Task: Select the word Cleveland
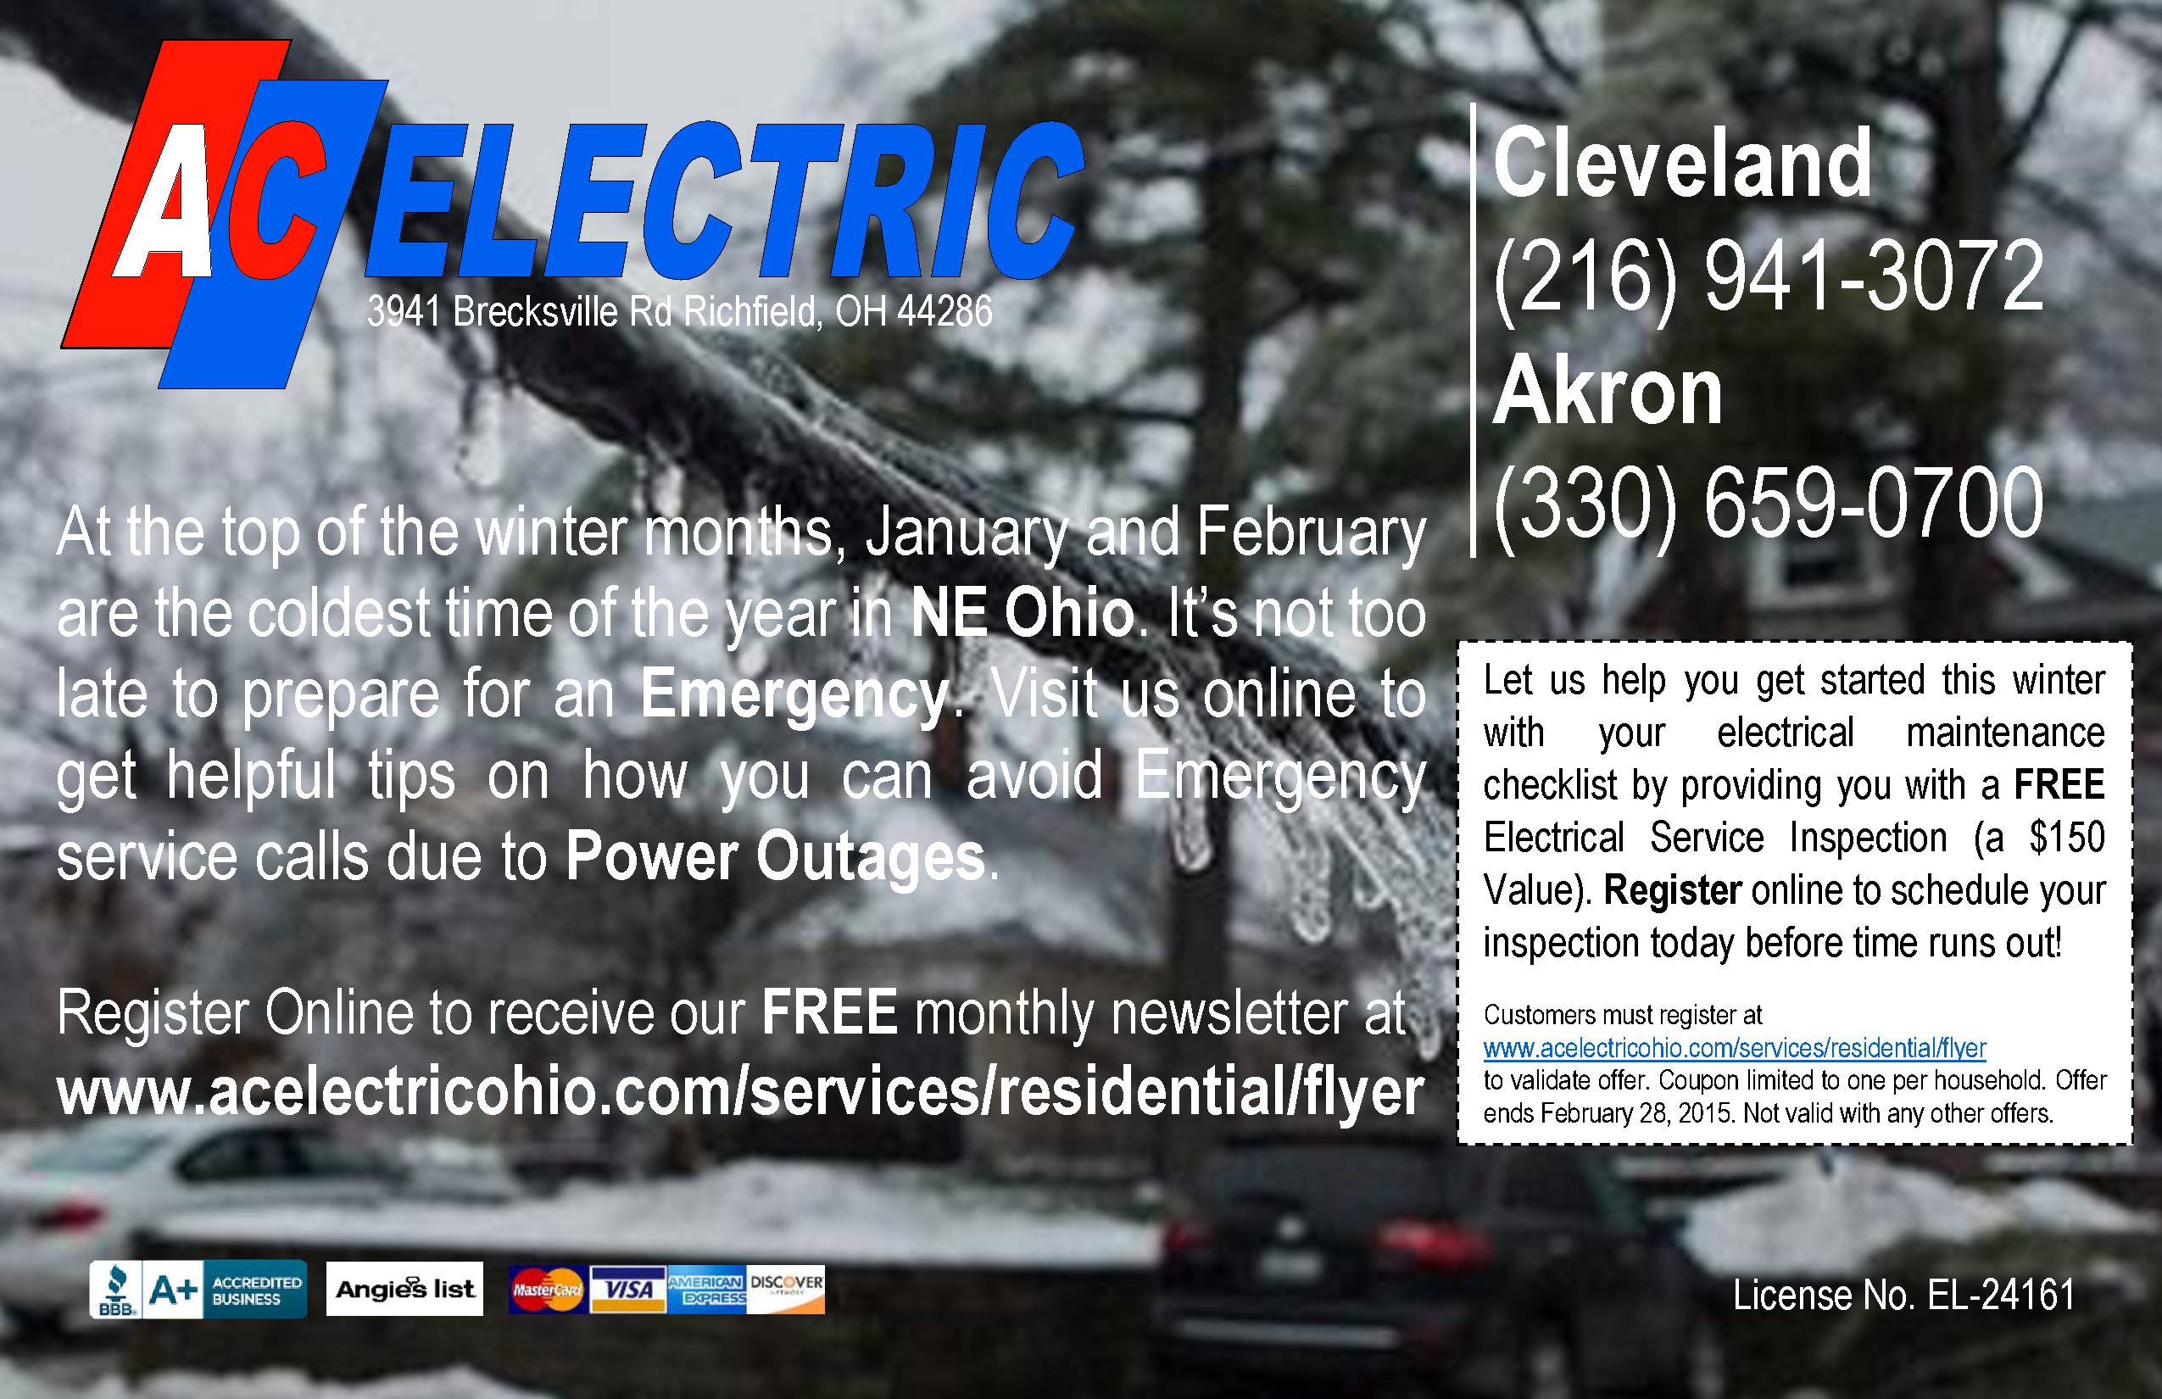coord(1681,164)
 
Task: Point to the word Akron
coord(1607,391)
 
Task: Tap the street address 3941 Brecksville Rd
coord(520,312)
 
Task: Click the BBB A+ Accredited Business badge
coord(198,1288)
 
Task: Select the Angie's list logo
coord(404,1288)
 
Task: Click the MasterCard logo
coord(548,1290)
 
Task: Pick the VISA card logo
coord(628,1290)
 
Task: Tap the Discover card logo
coord(786,1290)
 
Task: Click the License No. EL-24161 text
coord(1903,1296)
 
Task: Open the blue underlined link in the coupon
coord(1734,1047)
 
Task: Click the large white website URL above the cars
coord(739,1093)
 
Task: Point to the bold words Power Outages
coord(776,856)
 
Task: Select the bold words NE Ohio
coord(1022,614)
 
